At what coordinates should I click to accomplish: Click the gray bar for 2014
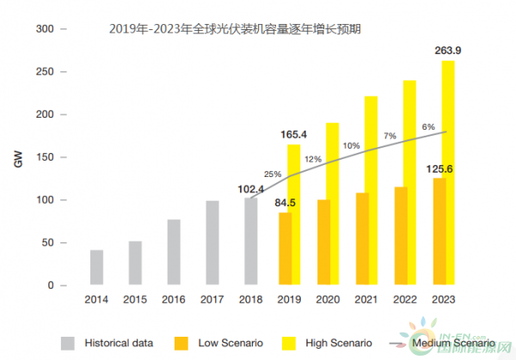[x=97, y=267]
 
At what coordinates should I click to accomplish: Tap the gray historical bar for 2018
[x=250, y=241]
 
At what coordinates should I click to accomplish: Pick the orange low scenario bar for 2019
[x=285, y=248]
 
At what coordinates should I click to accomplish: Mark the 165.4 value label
[x=294, y=134]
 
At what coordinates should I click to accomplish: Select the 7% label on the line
[x=390, y=136]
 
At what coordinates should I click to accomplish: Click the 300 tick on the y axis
[x=45, y=29]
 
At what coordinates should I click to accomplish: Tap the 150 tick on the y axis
[x=45, y=157]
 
